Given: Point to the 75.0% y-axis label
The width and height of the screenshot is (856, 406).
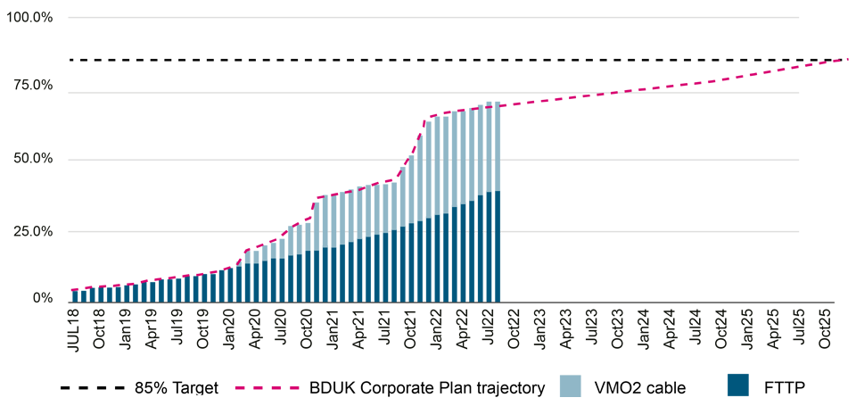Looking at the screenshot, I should click(x=32, y=86).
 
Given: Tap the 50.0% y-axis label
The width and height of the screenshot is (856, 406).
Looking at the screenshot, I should click(x=32, y=159).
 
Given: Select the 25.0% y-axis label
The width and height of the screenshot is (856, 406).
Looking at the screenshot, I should click(x=32, y=231).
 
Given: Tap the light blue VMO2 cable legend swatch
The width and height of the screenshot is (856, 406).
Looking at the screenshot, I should click(x=571, y=386).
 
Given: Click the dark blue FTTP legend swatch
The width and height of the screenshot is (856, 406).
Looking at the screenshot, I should click(x=737, y=386).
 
